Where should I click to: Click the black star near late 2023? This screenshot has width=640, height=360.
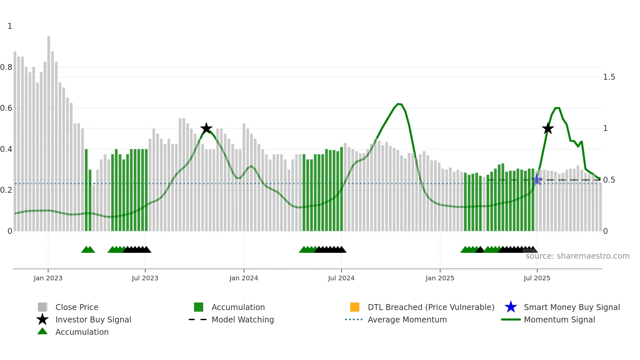[206, 128]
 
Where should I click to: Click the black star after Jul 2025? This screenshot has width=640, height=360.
[548, 128]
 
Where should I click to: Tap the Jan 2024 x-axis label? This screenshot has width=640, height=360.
[244, 278]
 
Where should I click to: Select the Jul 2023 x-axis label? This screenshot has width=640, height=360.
[145, 278]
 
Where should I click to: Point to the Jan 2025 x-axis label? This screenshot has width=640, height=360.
[440, 278]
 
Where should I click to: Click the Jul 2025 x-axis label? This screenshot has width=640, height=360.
[537, 278]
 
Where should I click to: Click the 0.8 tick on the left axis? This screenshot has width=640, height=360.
[6, 67]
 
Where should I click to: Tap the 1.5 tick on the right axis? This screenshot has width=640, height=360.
[609, 77]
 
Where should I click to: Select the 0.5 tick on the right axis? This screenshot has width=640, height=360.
[609, 180]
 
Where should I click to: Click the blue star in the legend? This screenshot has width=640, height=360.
[511, 307]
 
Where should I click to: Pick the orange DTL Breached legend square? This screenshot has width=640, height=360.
[355, 307]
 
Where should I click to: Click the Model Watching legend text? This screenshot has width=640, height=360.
[243, 320]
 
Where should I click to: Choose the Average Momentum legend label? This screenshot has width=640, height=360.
[407, 320]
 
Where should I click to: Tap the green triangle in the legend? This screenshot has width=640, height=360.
[42, 332]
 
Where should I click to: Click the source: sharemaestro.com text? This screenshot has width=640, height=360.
[577, 256]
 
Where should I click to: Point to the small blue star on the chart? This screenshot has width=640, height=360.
[537, 179]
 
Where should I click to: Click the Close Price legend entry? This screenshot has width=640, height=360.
[77, 307]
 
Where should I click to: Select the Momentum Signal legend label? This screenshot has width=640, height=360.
[559, 320]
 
